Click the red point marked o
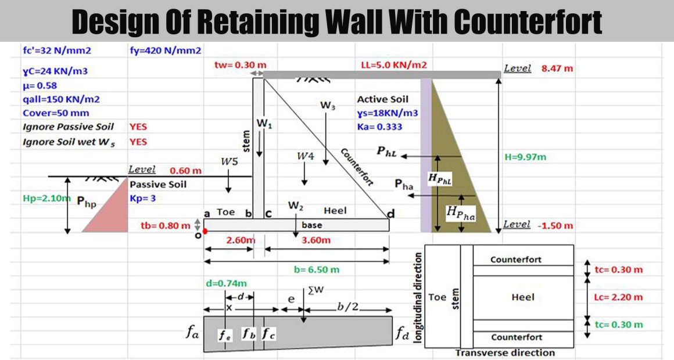click(205, 231)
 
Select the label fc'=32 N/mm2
click(57, 51)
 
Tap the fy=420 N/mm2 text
click(166, 51)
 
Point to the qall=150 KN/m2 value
click(61, 99)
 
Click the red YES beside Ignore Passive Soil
click(138, 127)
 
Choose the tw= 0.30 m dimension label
click(241, 65)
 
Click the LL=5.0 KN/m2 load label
click(394, 65)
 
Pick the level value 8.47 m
click(557, 69)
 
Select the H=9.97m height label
click(525, 157)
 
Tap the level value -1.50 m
click(555, 225)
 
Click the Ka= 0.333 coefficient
click(379, 127)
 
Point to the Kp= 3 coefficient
click(143, 199)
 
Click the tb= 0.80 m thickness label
click(166, 225)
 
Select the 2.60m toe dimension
click(241, 240)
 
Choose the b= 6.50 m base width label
click(317, 270)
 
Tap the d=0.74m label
click(227, 283)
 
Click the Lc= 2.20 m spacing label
click(619, 297)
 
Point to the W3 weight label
click(328, 105)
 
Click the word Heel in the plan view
click(523, 297)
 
